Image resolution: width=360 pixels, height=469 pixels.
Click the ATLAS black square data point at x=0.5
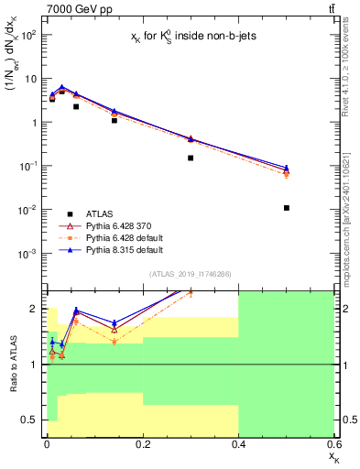(286, 208)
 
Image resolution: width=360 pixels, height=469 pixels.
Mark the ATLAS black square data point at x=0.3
(191, 158)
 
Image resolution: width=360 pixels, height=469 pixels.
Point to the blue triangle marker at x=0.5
(286, 168)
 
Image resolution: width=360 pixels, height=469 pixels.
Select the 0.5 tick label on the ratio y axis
(28, 420)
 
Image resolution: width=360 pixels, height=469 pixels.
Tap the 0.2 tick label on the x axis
(142, 442)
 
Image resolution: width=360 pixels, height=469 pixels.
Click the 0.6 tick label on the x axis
(333, 442)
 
